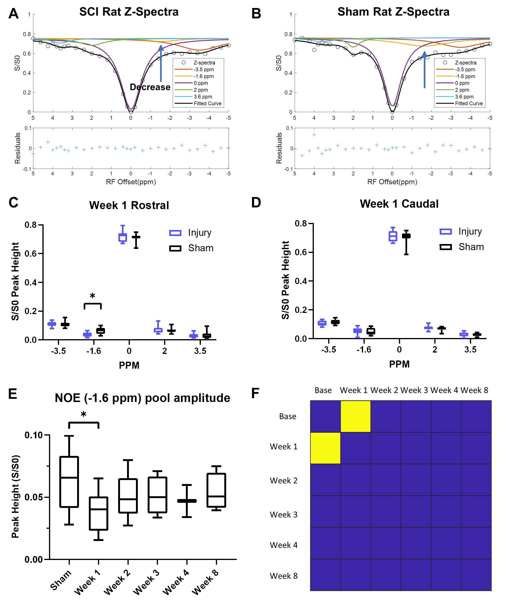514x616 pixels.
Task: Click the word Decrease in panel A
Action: (x=150, y=87)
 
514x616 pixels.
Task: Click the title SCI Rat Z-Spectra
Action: (x=129, y=12)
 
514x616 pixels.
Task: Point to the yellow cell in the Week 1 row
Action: (x=325, y=448)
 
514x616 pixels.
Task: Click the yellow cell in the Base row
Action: (x=356, y=417)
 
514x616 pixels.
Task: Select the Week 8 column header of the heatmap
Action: (x=474, y=390)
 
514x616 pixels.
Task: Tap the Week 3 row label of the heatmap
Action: (x=283, y=515)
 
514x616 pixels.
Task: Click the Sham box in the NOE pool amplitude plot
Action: (x=69, y=482)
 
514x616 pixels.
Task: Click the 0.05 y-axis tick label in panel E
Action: (x=34, y=497)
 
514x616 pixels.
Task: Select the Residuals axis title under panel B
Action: (x=279, y=148)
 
